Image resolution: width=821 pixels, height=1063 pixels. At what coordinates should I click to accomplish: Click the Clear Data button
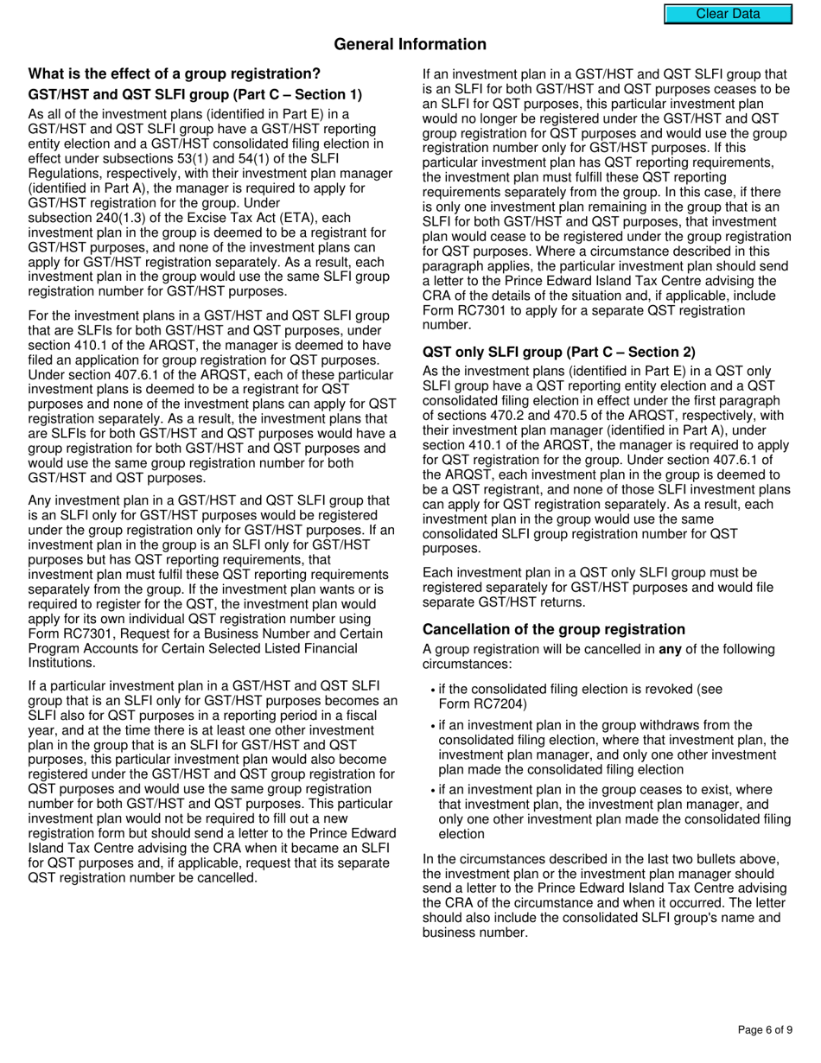728,14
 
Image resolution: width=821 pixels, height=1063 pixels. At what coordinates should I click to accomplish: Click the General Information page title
410,45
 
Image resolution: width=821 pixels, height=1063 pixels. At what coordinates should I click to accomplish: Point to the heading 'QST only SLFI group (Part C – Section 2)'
558,352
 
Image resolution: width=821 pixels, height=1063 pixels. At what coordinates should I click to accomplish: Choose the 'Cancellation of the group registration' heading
553,629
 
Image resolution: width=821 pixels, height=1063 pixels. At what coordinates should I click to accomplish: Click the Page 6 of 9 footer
765,1029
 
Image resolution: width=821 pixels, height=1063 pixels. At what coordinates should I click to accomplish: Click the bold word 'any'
670,650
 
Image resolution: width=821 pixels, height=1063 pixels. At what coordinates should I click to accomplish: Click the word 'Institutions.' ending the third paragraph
62,663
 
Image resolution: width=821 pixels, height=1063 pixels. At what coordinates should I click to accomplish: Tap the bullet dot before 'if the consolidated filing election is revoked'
432,691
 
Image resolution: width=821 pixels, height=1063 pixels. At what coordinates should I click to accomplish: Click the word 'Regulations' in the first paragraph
60,173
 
